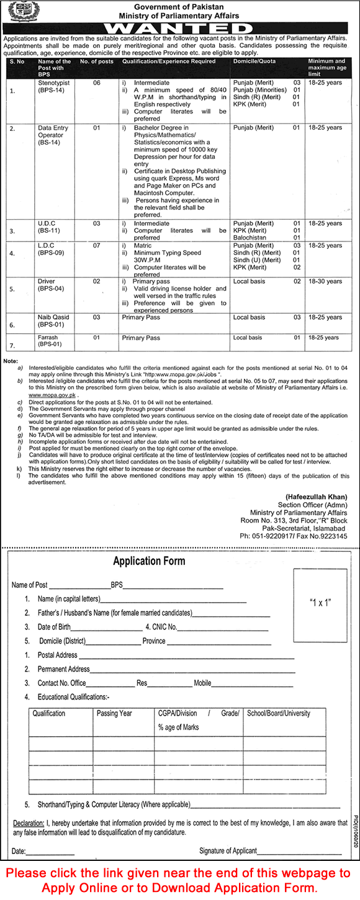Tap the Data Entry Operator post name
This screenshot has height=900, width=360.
tap(53, 136)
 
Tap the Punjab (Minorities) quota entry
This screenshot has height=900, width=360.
tap(259, 89)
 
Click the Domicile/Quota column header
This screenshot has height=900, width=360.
tap(253, 61)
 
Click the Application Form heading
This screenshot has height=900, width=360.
tap(149, 561)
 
